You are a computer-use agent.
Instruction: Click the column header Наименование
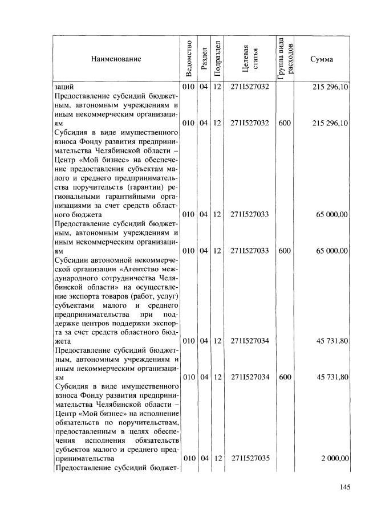click(x=115, y=59)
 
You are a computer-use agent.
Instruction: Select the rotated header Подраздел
click(x=217, y=58)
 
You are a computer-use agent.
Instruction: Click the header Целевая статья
click(x=250, y=59)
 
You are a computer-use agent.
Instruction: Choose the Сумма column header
click(x=322, y=59)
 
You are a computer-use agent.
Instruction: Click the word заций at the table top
click(x=63, y=87)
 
